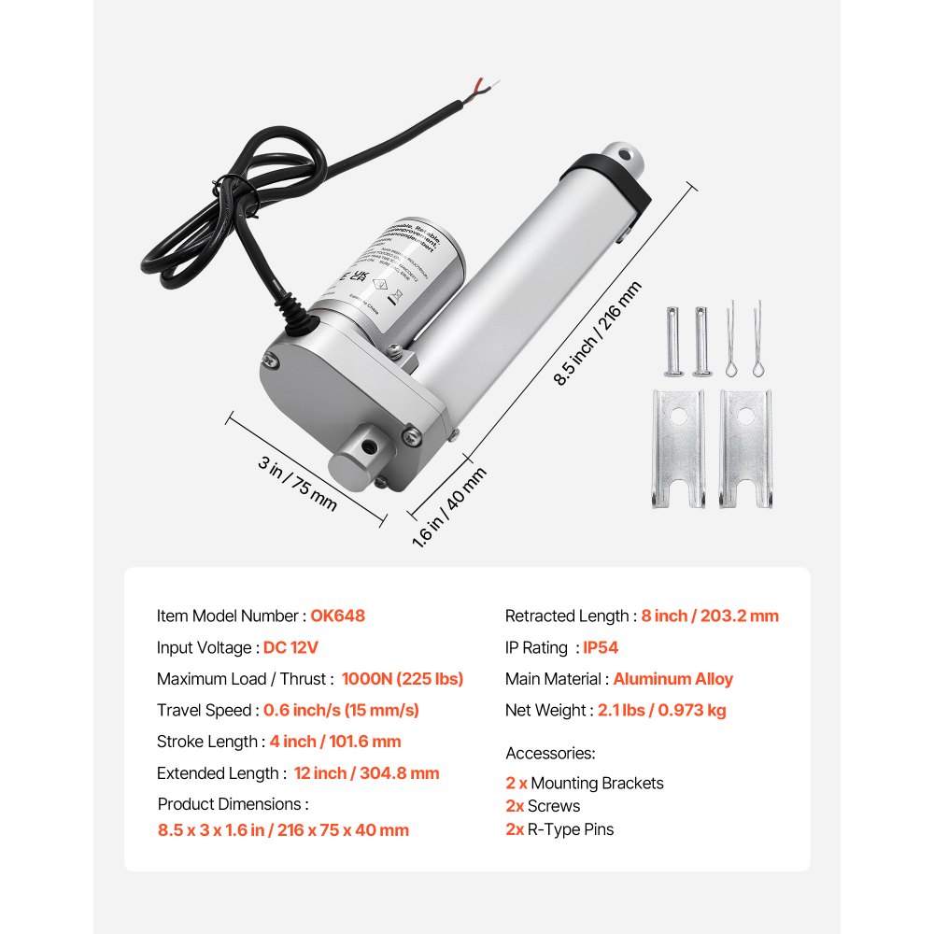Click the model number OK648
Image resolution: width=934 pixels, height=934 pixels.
point(337,616)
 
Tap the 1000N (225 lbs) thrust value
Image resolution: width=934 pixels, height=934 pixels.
point(402,679)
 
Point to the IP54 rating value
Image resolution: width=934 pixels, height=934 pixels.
point(601,647)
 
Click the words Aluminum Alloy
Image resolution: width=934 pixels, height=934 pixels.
point(672,679)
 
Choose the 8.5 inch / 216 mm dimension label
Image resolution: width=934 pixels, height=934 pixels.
point(599,333)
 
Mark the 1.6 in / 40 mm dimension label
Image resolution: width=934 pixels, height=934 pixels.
point(449,506)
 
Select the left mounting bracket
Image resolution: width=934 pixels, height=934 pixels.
point(677,447)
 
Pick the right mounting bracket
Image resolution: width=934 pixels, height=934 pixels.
point(746,447)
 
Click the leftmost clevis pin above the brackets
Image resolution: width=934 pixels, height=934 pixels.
point(674,340)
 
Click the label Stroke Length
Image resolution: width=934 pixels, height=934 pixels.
point(206,742)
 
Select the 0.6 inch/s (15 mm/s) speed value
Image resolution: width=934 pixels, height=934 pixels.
point(341,710)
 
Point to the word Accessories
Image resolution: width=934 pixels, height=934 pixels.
point(550,753)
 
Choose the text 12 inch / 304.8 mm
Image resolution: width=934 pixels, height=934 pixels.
point(366,773)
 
